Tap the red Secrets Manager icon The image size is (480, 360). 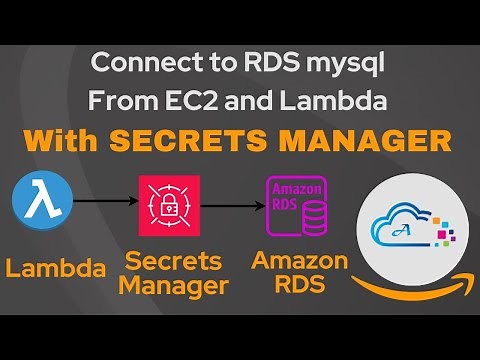click(169, 205)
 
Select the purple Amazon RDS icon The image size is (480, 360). click(297, 205)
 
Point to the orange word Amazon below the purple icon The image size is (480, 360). click(299, 262)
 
